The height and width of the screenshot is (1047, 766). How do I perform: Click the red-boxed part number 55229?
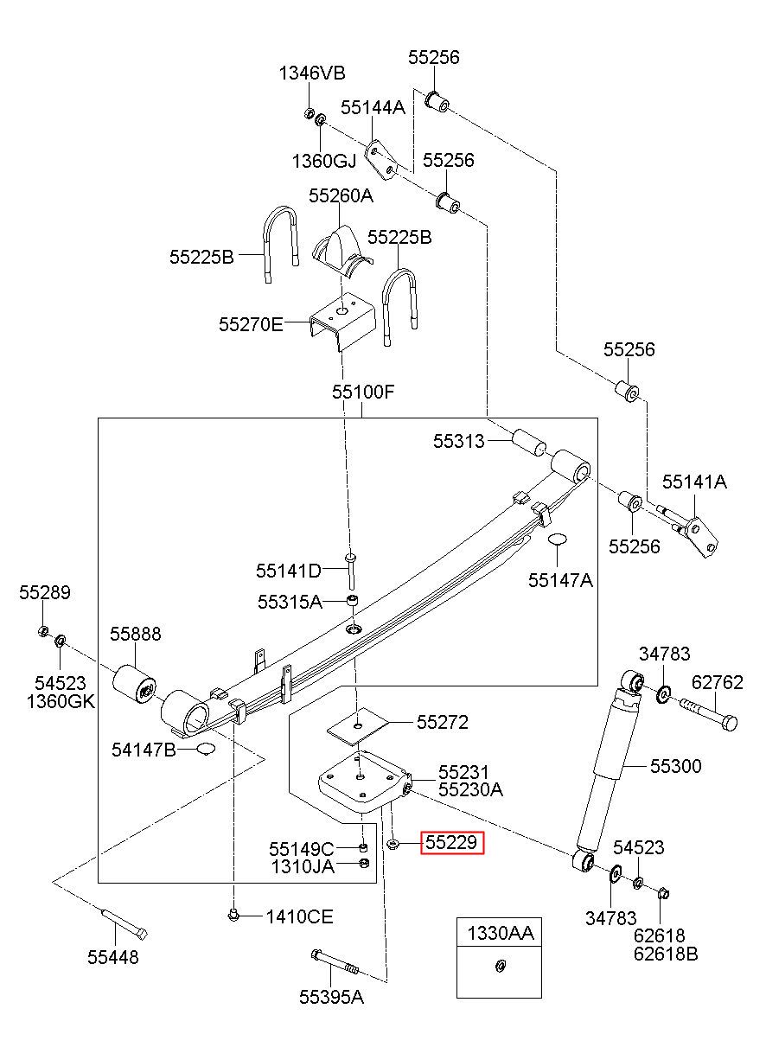(x=451, y=842)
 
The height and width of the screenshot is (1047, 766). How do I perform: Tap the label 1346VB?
(x=312, y=73)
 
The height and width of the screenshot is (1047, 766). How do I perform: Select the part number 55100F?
(x=363, y=392)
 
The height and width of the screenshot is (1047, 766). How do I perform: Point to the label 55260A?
(x=341, y=195)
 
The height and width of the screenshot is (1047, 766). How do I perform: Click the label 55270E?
(x=251, y=324)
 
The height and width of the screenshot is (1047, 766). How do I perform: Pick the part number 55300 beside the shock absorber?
(x=676, y=766)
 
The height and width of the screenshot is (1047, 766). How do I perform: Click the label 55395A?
(x=331, y=997)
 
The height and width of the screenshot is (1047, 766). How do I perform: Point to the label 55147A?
(x=560, y=580)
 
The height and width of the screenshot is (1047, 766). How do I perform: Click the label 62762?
(x=717, y=682)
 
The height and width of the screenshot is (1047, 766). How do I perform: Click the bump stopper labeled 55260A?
(x=341, y=250)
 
